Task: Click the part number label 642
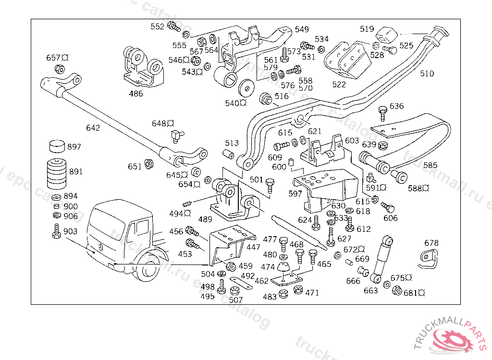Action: [93, 128]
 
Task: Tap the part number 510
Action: [427, 73]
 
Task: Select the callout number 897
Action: [74, 147]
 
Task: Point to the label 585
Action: [430, 165]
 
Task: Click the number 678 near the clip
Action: [431, 243]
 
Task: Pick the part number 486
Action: [136, 94]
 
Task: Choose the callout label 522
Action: [339, 84]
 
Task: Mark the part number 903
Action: [70, 231]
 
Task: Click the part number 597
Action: [295, 193]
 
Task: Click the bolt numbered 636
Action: [382, 114]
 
